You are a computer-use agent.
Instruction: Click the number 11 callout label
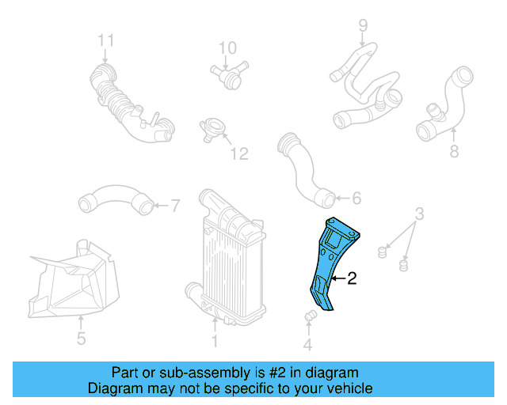point(106,40)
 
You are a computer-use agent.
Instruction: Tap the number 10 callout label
point(227,48)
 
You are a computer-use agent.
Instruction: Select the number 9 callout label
point(363,25)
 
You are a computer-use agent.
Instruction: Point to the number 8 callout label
point(454,151)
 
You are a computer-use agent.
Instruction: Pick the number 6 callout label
point(356,199)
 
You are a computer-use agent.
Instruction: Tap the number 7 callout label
point(176,206)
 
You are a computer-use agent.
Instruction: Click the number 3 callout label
point(420,214)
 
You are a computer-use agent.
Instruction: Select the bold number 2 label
point(352,278)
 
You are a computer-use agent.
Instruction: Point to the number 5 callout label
point(81,341)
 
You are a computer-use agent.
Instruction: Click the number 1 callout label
point(214,342)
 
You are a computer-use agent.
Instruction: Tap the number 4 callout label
point(308,344)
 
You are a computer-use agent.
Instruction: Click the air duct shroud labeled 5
point(75,277)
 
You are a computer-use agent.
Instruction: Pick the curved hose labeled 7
point(116,200)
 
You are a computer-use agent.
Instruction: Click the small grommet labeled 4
point(311,317)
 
